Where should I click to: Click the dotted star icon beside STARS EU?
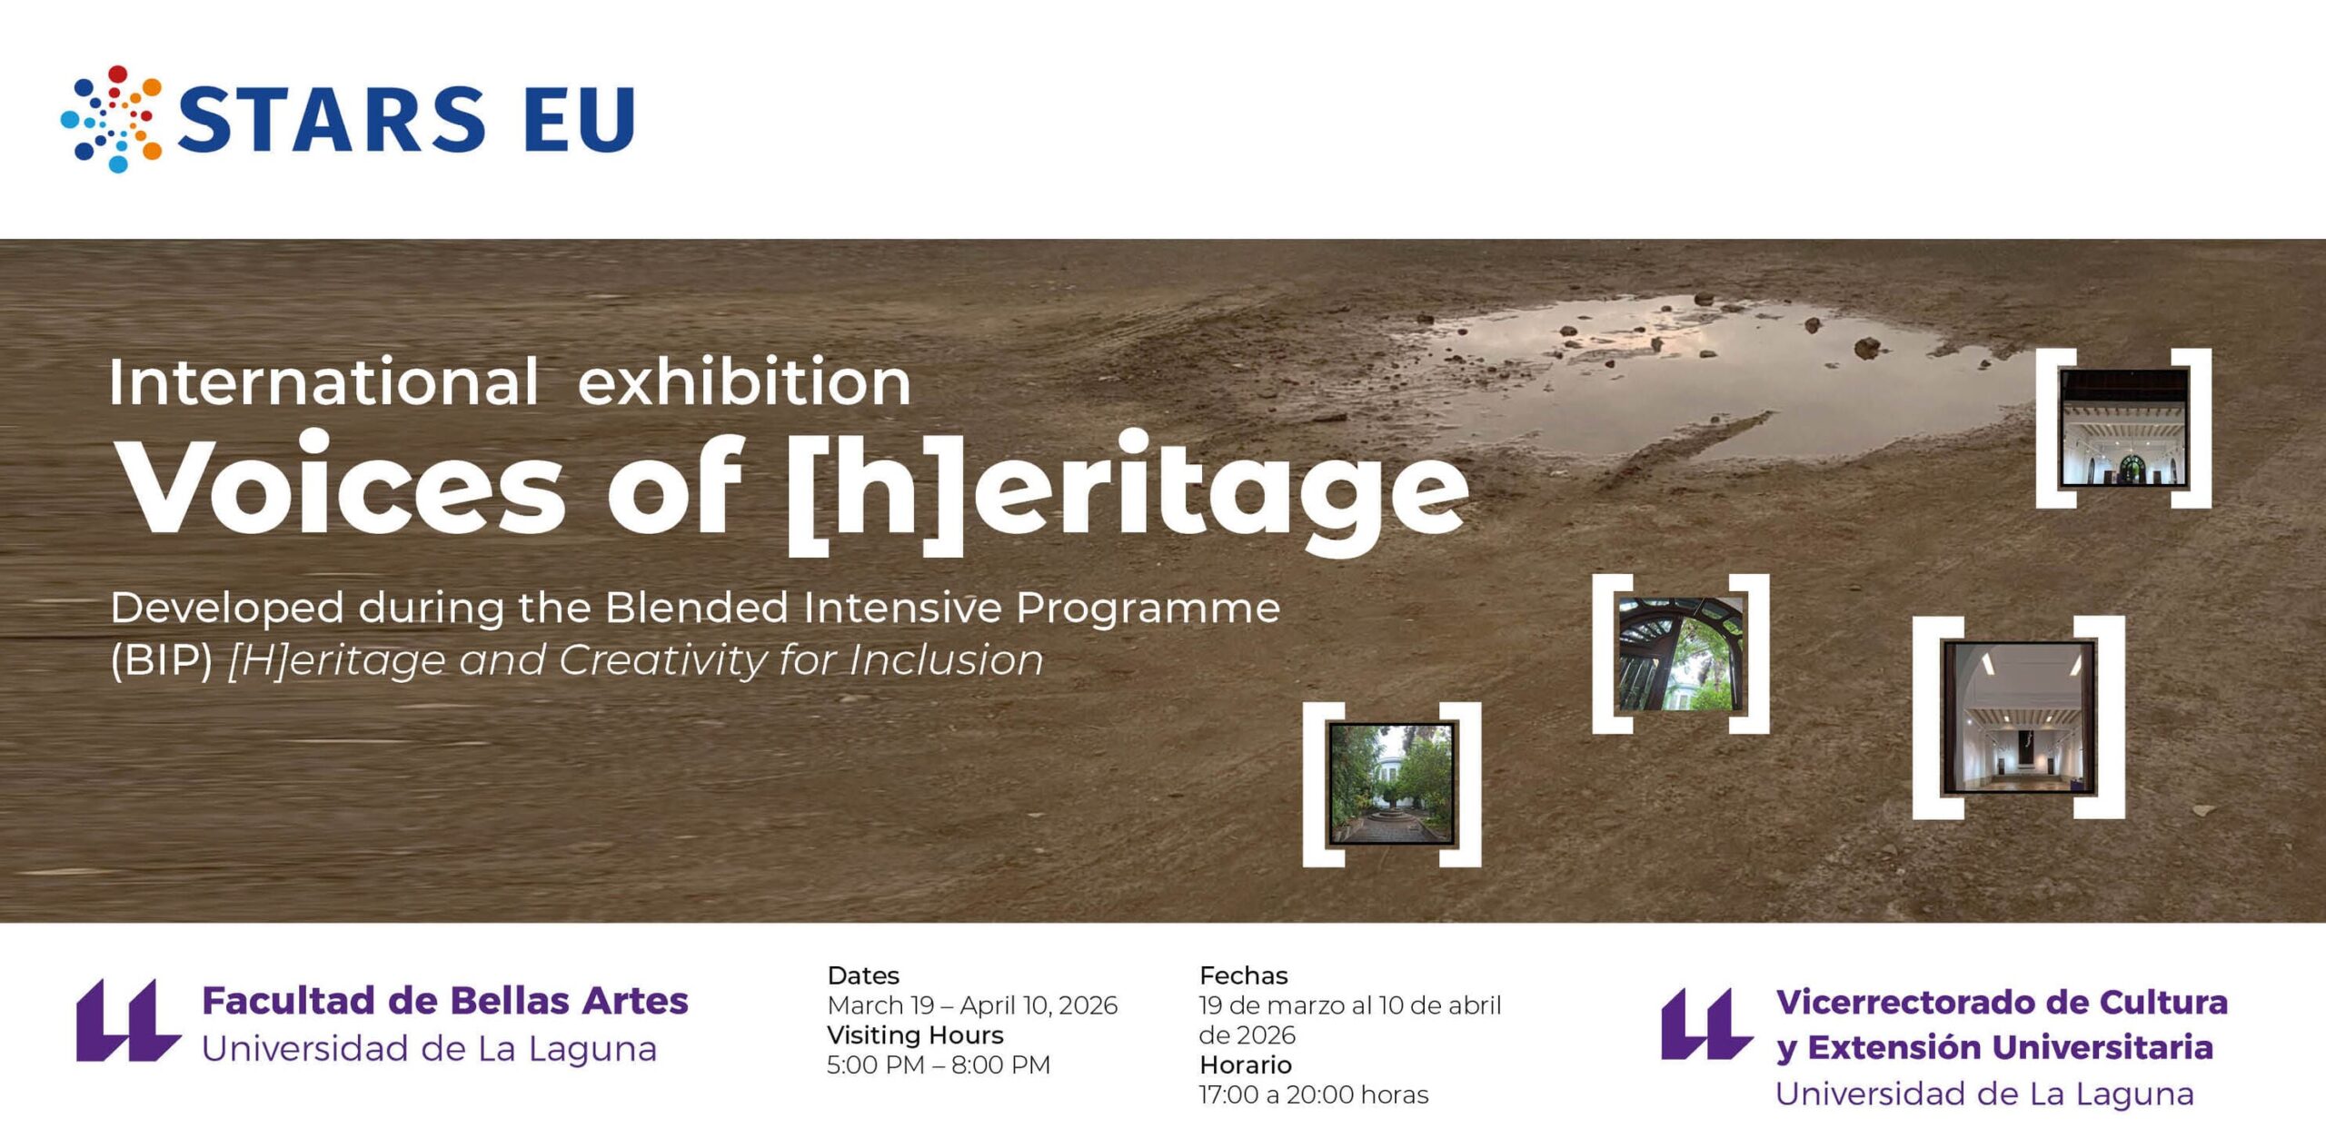[x=112, y=118]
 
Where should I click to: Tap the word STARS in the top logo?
[x=331, y=119]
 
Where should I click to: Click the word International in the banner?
[x=323, y=381]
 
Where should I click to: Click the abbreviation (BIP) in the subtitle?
[x=162, y=659]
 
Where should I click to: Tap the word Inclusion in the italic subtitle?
[x=946, y=659]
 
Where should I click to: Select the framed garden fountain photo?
[x=1391, y=784]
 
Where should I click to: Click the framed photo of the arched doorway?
[x=1681, y=654]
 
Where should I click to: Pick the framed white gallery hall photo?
[x=2019, y=717]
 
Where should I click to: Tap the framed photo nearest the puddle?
[x=2123, y=428]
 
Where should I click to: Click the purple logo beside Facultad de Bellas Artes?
[x=128, y=1020]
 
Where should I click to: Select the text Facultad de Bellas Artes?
[x=445, y=1000]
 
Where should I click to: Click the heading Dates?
[x=863, y=975]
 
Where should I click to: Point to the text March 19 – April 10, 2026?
[x=972, y=1005]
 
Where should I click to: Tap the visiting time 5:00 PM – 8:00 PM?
[x=939, y=1064]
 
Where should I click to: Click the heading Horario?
[x=1245, y=1064]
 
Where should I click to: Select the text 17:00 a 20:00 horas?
[x=1314, y=1094]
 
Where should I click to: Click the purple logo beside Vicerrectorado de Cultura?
[x=1706, y=1024]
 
